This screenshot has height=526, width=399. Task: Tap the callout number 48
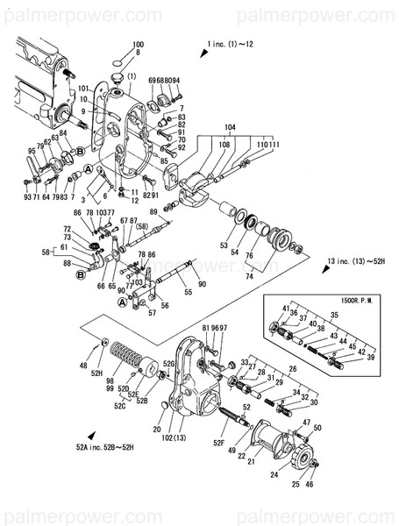84,366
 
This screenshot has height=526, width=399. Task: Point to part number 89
153,211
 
